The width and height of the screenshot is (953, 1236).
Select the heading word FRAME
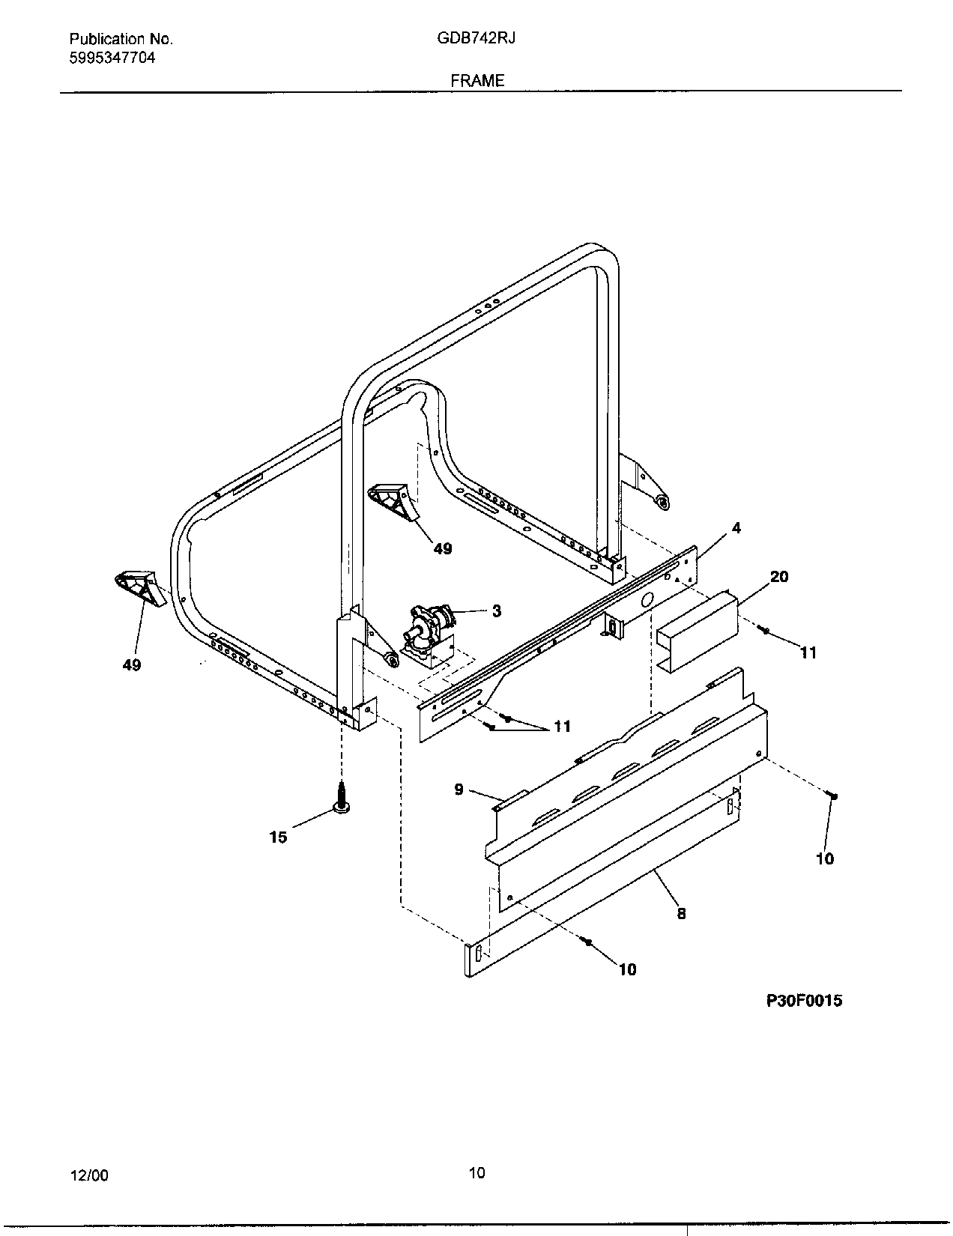click(x=477, y=80)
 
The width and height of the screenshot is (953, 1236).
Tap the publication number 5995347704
click(x=112, y=57)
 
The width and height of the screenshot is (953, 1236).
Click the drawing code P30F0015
click(x=804, y=1000)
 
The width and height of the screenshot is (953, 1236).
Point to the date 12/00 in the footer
click(x=89, y=1175)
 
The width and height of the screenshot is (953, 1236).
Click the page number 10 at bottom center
click(x=476, y=1172)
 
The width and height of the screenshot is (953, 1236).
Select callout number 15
click(x=278, y=837)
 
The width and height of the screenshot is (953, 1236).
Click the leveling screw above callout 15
click(x=342, y=796)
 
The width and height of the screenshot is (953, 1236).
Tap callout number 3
click(x=496, y=611)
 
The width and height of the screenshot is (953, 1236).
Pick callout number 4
click(x=736, y=528)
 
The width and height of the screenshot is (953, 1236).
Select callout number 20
click(x=779, y=576)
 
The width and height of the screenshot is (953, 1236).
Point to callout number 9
click(x=459, y=789)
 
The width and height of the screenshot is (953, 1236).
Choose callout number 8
click(x=681, y=913)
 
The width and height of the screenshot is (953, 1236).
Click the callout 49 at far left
click(x=131, y=664)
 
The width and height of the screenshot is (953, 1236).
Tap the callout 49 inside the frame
click(x=443, y=548)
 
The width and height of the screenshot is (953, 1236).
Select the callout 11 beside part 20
click(x=808, y=652)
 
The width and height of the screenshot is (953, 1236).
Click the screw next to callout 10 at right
click(x=832, y=796)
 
